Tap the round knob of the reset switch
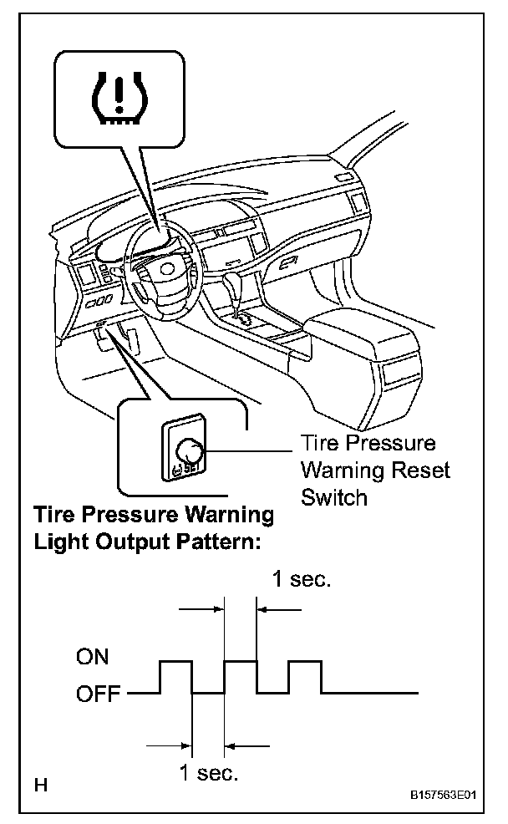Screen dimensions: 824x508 coord(190,452)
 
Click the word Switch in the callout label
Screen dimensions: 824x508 coord(333,497)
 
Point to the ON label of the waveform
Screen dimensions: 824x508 coord(93,657)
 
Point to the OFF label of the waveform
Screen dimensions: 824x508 coord(98,693)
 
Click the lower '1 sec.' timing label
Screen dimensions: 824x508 coord(209,772)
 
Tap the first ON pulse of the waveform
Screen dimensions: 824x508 coord(175,661)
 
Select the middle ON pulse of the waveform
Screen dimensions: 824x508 coord(241,661)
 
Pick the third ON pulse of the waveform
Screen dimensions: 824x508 coord(305,661)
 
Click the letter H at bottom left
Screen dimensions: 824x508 coord(40,785)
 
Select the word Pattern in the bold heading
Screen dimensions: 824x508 coord(214,541)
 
